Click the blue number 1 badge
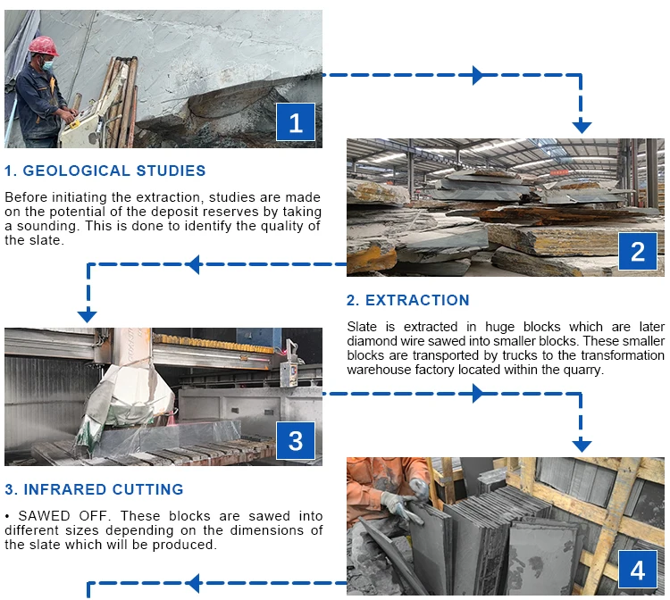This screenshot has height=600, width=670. (296, 122)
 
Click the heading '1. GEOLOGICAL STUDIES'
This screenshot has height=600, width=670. (105, 171)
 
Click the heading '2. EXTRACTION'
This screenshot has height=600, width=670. (407, 300)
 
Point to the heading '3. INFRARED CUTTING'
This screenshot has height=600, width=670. (94, 489)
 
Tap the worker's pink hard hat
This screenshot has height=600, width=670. (41, 46)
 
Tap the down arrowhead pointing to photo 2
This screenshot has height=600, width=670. (582, 125)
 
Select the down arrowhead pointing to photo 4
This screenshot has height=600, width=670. (582, 444)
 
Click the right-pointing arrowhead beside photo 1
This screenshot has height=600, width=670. (479, 75)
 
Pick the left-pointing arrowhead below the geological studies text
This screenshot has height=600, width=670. (193, 263)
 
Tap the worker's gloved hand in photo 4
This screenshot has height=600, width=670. (391, 505)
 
